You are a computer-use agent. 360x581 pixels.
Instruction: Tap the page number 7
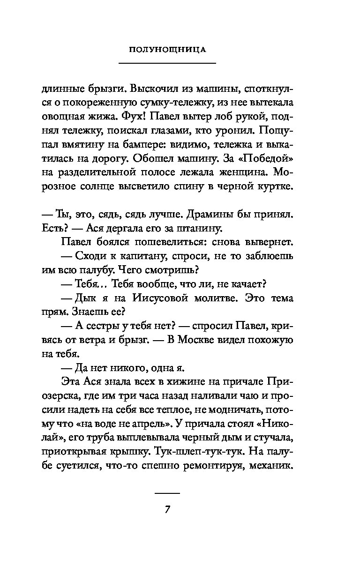167,509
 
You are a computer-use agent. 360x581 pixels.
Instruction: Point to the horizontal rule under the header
167,63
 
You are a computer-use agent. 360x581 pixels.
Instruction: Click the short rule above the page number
167,493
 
